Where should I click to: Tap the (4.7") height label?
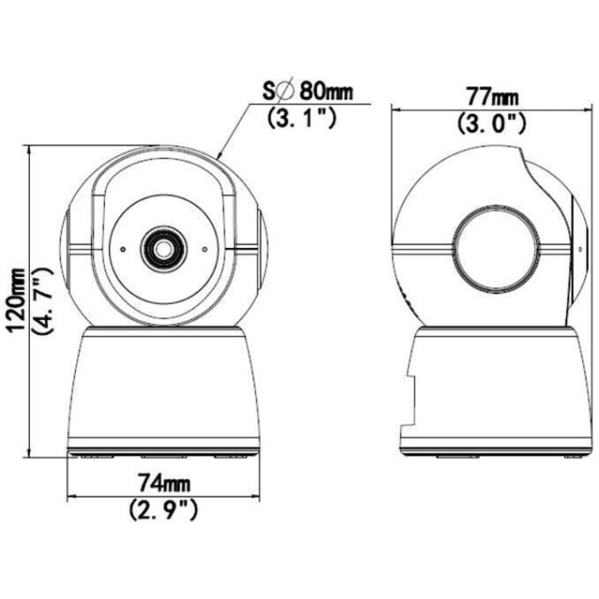[40, 300]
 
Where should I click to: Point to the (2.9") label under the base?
[162, 510]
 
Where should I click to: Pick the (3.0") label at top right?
[491, 122]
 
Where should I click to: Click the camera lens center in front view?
[161, 249]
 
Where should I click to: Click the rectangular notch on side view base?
[407, 399]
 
